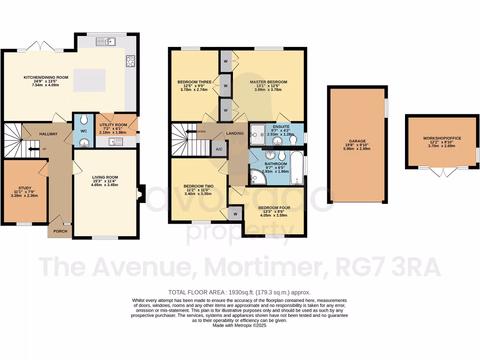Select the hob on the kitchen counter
pos(131,61)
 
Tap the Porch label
pos(60,231)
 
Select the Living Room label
pos(105,177)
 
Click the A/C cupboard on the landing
pos(219,149)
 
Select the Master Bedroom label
pos(268,82)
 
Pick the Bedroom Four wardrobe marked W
pos(234,214)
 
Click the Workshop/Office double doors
pos(443,172)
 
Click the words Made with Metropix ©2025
pos(241,325)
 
